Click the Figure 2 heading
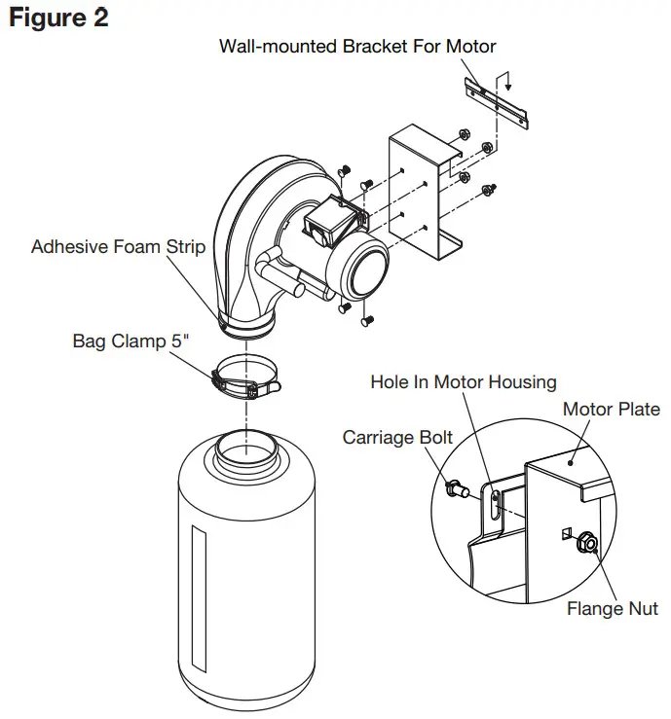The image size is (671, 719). click(x=58, y=18)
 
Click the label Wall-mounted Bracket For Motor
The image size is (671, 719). click(x=357, y=46)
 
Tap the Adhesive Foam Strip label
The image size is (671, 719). click(x=118, y=246)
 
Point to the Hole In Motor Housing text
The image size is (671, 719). click(x=463, y=382)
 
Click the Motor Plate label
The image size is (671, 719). click(x=611, y=409)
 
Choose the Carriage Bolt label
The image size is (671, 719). click(x=397, y=438)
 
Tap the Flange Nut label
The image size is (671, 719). click(x=613, y=609)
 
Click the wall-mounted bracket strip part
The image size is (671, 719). click(x=498, y=98)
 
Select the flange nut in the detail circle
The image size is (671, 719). click(x=586, y=542)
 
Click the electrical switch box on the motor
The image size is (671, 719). click(x=326, y=225)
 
